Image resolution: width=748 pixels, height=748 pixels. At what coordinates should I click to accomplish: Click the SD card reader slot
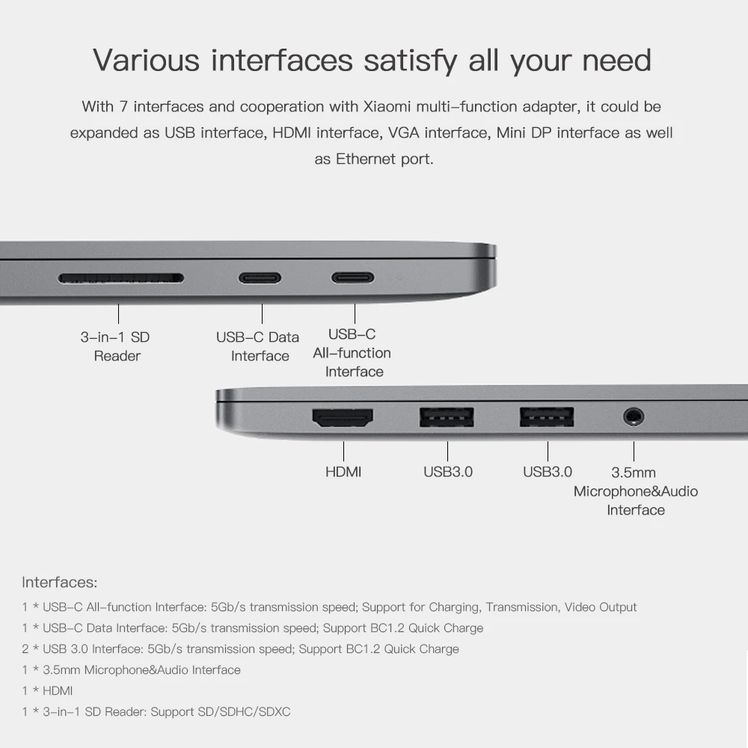pos(121,278)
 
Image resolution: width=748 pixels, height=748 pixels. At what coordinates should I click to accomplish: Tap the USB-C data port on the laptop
pos(260,278)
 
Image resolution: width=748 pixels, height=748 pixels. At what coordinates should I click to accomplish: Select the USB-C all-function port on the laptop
pos(353,278)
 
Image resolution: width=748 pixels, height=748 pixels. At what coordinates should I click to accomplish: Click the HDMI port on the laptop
pos(343,417)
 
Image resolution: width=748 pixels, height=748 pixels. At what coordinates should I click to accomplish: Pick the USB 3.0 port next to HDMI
pos(447,417)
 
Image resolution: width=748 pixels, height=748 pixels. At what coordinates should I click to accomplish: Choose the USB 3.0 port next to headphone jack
pos(547,417)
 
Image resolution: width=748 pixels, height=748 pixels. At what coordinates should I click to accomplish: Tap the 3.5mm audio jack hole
pos(634,416)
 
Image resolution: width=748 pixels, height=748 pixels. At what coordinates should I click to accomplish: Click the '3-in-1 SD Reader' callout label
pos(116,346)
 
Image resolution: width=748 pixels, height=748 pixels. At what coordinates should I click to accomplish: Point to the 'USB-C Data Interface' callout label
pos(258,346)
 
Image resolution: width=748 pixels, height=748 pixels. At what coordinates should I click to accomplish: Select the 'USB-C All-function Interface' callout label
pos(352,353)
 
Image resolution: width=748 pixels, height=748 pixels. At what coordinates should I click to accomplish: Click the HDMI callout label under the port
pos(343,472)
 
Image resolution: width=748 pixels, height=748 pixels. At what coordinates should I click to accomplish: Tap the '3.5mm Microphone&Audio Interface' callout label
pos(635,491)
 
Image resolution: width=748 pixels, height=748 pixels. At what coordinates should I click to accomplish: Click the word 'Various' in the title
pos(147,60)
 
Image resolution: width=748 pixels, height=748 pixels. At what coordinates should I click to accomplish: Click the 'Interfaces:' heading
pos(60,582)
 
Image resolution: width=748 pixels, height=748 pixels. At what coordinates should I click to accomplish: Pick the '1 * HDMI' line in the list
pos(47,691)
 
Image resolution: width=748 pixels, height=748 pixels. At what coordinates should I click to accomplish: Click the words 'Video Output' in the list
pos(601,607)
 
